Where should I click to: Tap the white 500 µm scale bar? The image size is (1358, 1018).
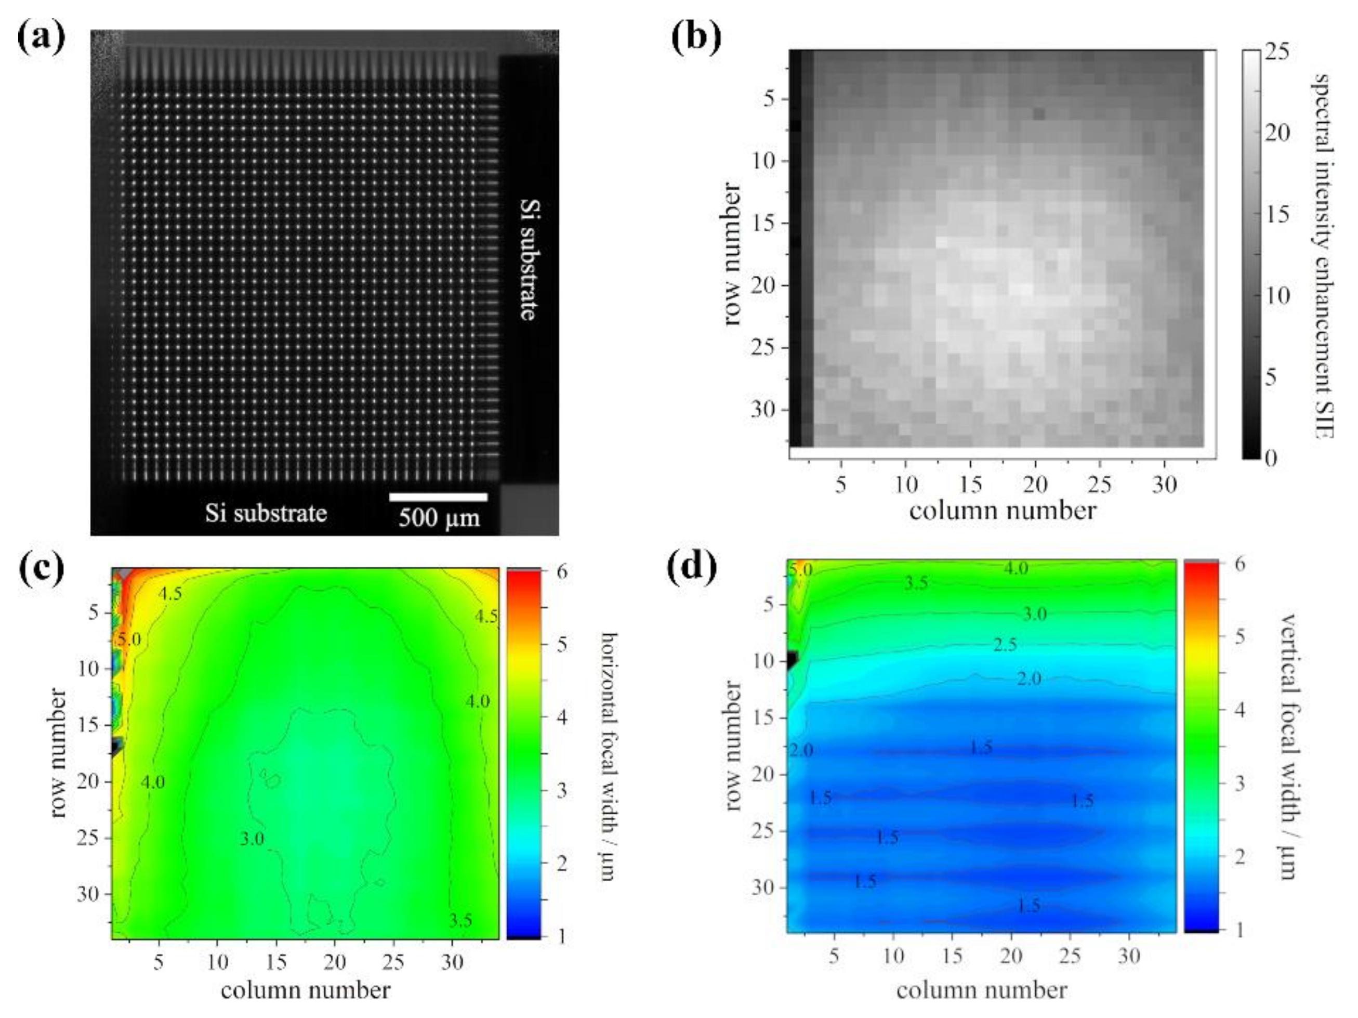coord(438,497)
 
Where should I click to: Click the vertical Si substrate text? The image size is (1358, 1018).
coord(529,258)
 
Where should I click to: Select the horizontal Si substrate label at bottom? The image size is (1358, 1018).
coord(266,513)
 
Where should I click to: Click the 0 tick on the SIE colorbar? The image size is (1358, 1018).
coord(1270,458)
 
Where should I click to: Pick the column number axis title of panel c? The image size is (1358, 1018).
coord(305,990)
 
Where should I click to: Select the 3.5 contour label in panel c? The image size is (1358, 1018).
coord(460,920)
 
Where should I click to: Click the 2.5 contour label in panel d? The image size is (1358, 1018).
coord(1005,645)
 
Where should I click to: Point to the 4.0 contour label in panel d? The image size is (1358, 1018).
coord(1016,568)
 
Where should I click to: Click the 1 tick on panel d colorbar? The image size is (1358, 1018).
coord(1239,930)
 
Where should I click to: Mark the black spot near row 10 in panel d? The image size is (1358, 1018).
coord(792,661)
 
